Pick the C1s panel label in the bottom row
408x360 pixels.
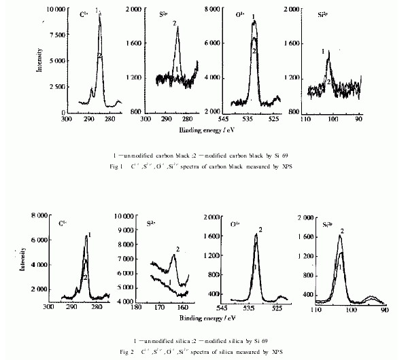[63, 223]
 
